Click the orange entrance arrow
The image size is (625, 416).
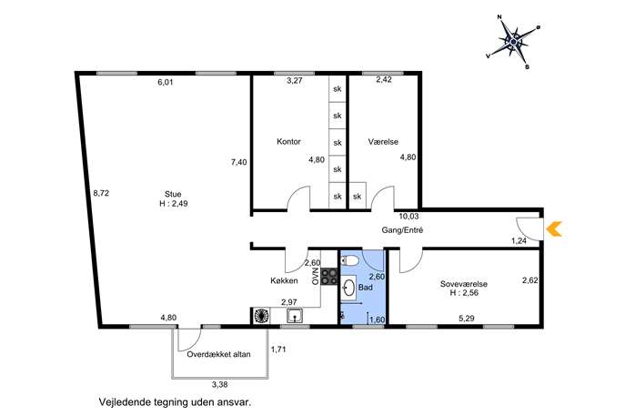pos(553,229)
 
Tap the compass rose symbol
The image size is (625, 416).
pos(513,42)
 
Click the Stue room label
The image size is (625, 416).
pos(173,194)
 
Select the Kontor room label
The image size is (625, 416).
pos(288,142)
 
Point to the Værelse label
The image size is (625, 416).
pos(383,142)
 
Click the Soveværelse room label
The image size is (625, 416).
pos(464,284)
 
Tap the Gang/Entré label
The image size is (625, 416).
pos(402,230)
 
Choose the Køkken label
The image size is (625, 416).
pos(284,280)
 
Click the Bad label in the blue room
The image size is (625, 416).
pos(365,287)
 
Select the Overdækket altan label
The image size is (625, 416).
pos(219,354)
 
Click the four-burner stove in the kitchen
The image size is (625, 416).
pos(329,277)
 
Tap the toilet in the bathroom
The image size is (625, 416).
pos(350,261)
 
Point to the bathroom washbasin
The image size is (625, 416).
pos(349,287)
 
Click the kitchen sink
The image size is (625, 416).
pos(294,316)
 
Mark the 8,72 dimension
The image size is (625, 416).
pos(101,194)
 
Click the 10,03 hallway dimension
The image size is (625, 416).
pos(409,217)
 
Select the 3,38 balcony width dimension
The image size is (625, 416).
pos(219,385)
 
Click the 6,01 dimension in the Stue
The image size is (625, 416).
pos(166,83)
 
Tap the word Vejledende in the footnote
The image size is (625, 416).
pos(124,402)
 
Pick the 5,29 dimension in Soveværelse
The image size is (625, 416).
pos(466,319)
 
